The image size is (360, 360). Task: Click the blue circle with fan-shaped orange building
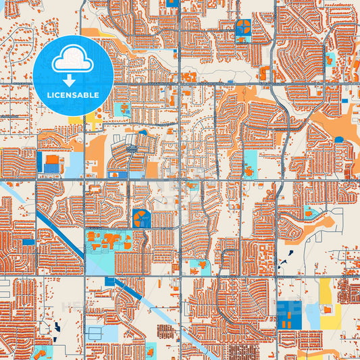[142, 217]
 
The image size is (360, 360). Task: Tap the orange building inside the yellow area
[329, 309]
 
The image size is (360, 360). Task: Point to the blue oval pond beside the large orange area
[339, 140]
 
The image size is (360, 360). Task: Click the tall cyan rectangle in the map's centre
[251, 162]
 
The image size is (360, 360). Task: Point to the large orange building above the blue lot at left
[52, 160]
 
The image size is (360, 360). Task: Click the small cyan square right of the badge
[122, 109]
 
